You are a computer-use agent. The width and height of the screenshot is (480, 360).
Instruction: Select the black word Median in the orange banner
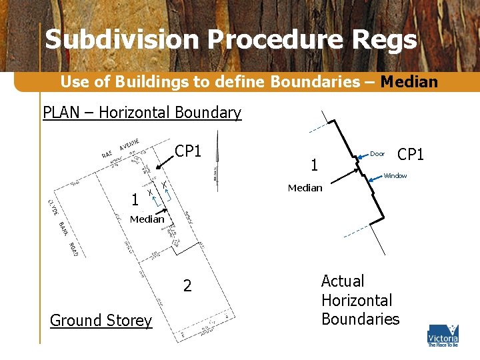tap(409, 82)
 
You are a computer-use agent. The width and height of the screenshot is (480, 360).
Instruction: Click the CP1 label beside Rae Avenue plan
tap(188, 151)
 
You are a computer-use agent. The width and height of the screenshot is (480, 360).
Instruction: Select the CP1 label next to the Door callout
tap(411, 155)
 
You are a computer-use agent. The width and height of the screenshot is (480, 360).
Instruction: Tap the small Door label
tap(377, 154)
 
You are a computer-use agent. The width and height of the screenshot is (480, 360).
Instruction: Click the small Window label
tap(395, 176)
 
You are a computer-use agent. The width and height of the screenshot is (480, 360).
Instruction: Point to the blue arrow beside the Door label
tap(361, 155)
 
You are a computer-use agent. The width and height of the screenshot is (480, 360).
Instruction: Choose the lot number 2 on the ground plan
tap(187, 286)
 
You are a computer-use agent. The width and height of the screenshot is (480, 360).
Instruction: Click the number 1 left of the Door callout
tap(315, 164)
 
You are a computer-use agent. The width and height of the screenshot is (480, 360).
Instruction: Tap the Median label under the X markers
tap(147, 219)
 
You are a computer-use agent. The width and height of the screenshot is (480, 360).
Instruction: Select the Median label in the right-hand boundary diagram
tap(305, 188)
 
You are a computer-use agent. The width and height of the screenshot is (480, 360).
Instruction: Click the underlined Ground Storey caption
tap(101, 321)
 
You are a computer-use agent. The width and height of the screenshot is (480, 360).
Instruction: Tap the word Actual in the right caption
tap(343, 281)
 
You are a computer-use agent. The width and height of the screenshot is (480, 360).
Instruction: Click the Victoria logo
tap(443, 335)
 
